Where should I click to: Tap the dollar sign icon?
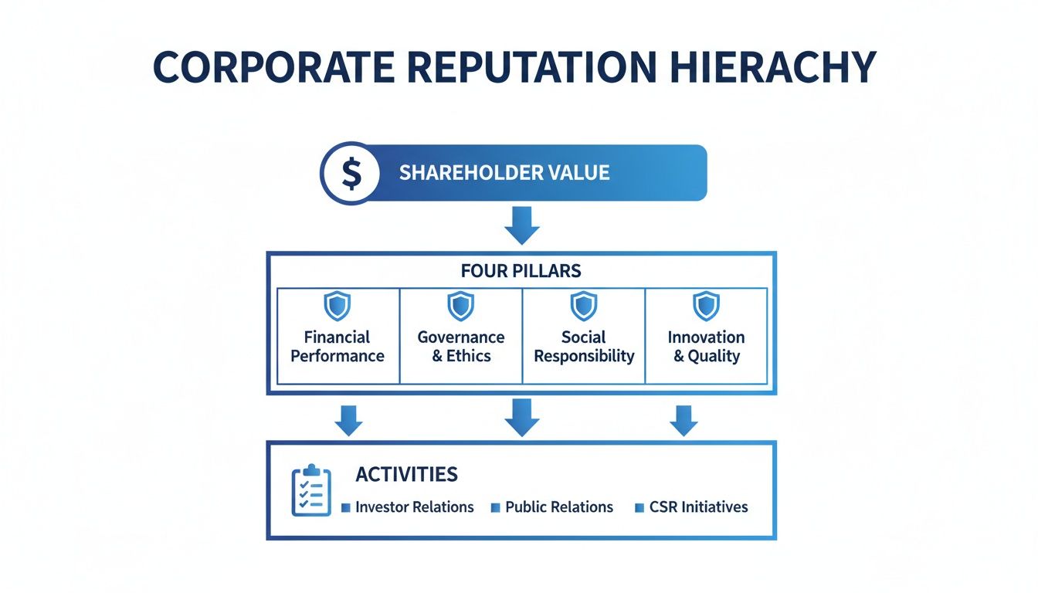coord(351,173)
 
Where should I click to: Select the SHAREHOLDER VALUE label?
coord(504,173)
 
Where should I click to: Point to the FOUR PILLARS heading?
coord(521,272)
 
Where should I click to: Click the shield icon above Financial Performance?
coord(337,306)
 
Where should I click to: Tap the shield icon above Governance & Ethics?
coord(460,306)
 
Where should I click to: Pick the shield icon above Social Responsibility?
coord(584,306)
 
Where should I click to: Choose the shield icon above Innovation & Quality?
coord(706,306)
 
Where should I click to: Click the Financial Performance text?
coord(338,347)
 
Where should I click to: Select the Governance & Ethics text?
coord(461,347)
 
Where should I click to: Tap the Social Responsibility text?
coord(584,347)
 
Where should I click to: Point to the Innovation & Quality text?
coord(706,347)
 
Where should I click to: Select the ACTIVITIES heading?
coord(406,473)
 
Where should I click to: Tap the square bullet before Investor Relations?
coord(346,508)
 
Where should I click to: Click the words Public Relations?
coord(559,507)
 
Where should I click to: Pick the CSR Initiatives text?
coord(698,507)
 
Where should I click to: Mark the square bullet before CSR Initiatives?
coord(639,508)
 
